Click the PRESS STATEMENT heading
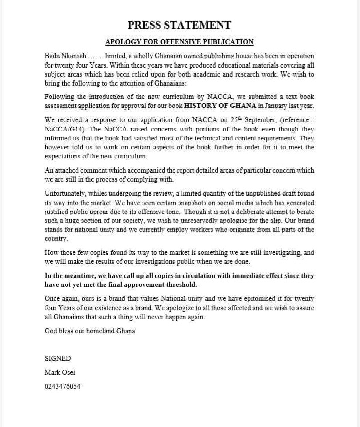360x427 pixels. (179, 25)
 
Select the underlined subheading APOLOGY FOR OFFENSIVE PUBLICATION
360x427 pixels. (179, 42)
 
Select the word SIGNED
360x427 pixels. (58, 357)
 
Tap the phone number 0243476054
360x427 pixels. (63, 386)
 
